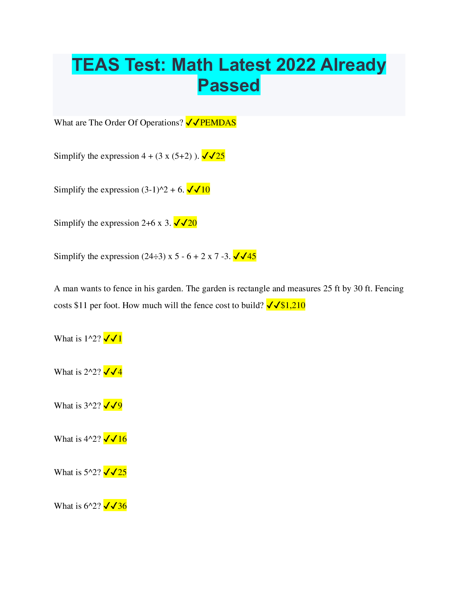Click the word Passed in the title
[x=229, y=85]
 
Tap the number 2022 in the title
[x=296, y=65]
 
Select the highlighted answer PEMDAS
[x=218, y=123]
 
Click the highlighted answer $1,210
[x=293, y=305]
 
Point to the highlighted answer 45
[x=251, y=256]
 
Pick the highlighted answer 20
[x=192, y=223]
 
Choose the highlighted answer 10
[x=205, y=190]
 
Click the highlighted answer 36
[x=122, y=506]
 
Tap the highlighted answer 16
[x=122, y=439]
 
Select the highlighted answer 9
[x=120, y=406]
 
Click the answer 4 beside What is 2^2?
[x=120, y=372]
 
